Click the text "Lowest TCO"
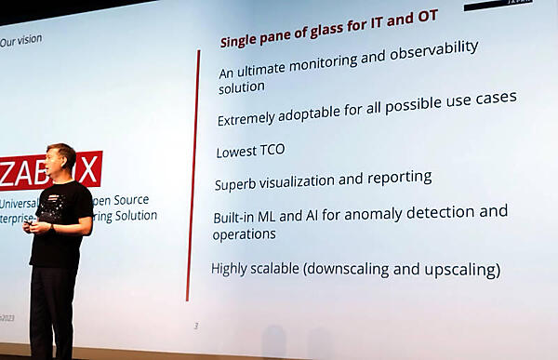tap(250, 150)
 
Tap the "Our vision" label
tap(21, 41)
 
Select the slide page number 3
tap(195, 326)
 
